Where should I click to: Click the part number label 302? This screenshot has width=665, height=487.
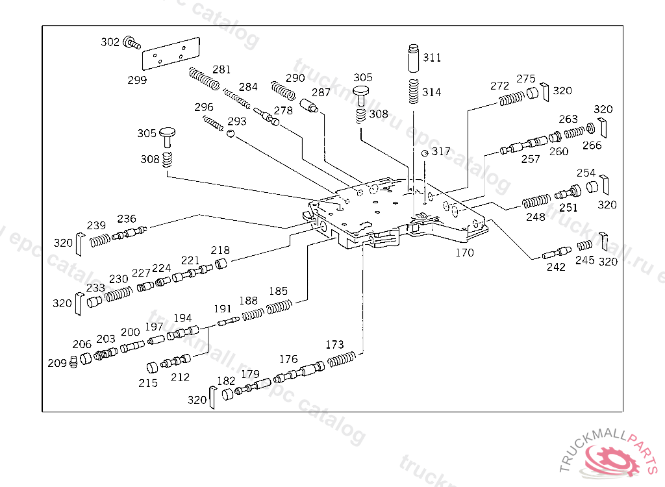(x=110, y=42)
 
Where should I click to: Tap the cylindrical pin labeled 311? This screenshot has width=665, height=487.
(x=413, y=58)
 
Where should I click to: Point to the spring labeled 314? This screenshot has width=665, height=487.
(x=413, y=91)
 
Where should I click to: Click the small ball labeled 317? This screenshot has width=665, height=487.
(x=425, y=153)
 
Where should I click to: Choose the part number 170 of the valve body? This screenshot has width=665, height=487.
(x=464, y=253)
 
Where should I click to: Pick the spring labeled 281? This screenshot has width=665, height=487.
(x=204, y=80)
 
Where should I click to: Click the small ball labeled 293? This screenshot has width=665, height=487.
(x=230, y=134)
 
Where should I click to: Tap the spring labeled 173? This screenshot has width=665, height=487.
(x=342, y=358)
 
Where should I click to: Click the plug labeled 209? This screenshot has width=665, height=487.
(x=73, y=361)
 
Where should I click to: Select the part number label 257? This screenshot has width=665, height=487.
(x=531, y=159)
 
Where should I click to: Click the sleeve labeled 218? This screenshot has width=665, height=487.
(x=222, y=264)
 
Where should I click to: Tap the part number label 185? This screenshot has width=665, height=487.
(x=278, y=292)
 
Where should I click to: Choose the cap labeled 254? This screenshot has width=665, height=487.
(x=592, y=188)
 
